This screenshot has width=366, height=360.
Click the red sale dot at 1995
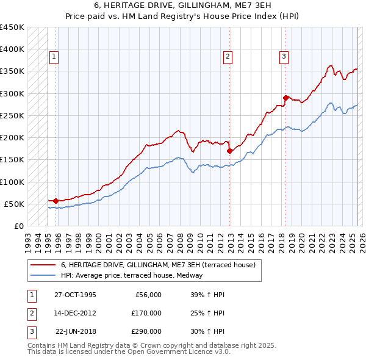point(56,200)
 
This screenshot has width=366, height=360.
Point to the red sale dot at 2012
point(229,151)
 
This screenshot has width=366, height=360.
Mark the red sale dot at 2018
point(285,98)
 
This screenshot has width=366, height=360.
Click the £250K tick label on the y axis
point(12,115)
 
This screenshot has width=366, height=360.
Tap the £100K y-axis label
point(12,182)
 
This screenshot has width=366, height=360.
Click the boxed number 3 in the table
point(30,332)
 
